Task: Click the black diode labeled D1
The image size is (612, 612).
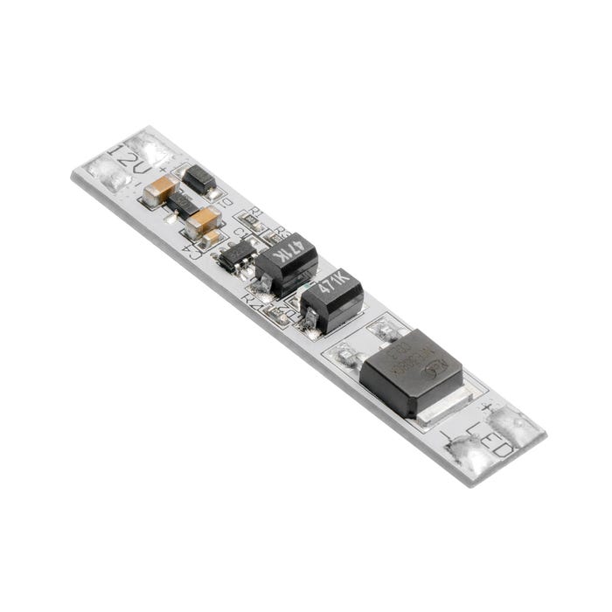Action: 200,181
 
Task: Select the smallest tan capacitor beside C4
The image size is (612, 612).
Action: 212,237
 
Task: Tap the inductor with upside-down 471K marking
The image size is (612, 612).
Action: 286,262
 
